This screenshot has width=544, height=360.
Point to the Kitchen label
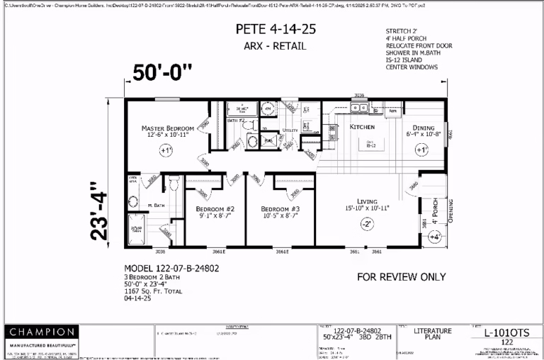point(362,127)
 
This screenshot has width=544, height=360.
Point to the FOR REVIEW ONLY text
point(401,276)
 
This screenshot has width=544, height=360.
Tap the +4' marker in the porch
point(435,236)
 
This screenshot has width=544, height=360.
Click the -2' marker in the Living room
point(367,223)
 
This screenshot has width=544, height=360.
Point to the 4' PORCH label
point(436,210)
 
